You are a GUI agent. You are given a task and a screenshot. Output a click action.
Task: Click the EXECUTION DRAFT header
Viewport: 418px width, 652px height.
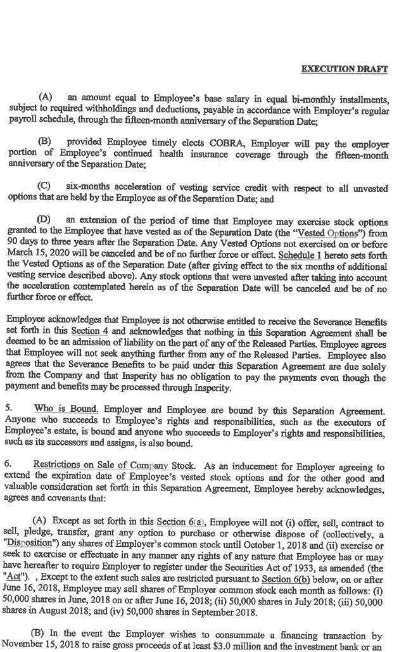coord(344,69)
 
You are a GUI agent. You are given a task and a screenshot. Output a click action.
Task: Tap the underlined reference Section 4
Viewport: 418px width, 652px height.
coord(85,331)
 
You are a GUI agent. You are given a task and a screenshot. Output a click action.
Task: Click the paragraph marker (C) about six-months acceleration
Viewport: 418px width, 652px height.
coord(44,188)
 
